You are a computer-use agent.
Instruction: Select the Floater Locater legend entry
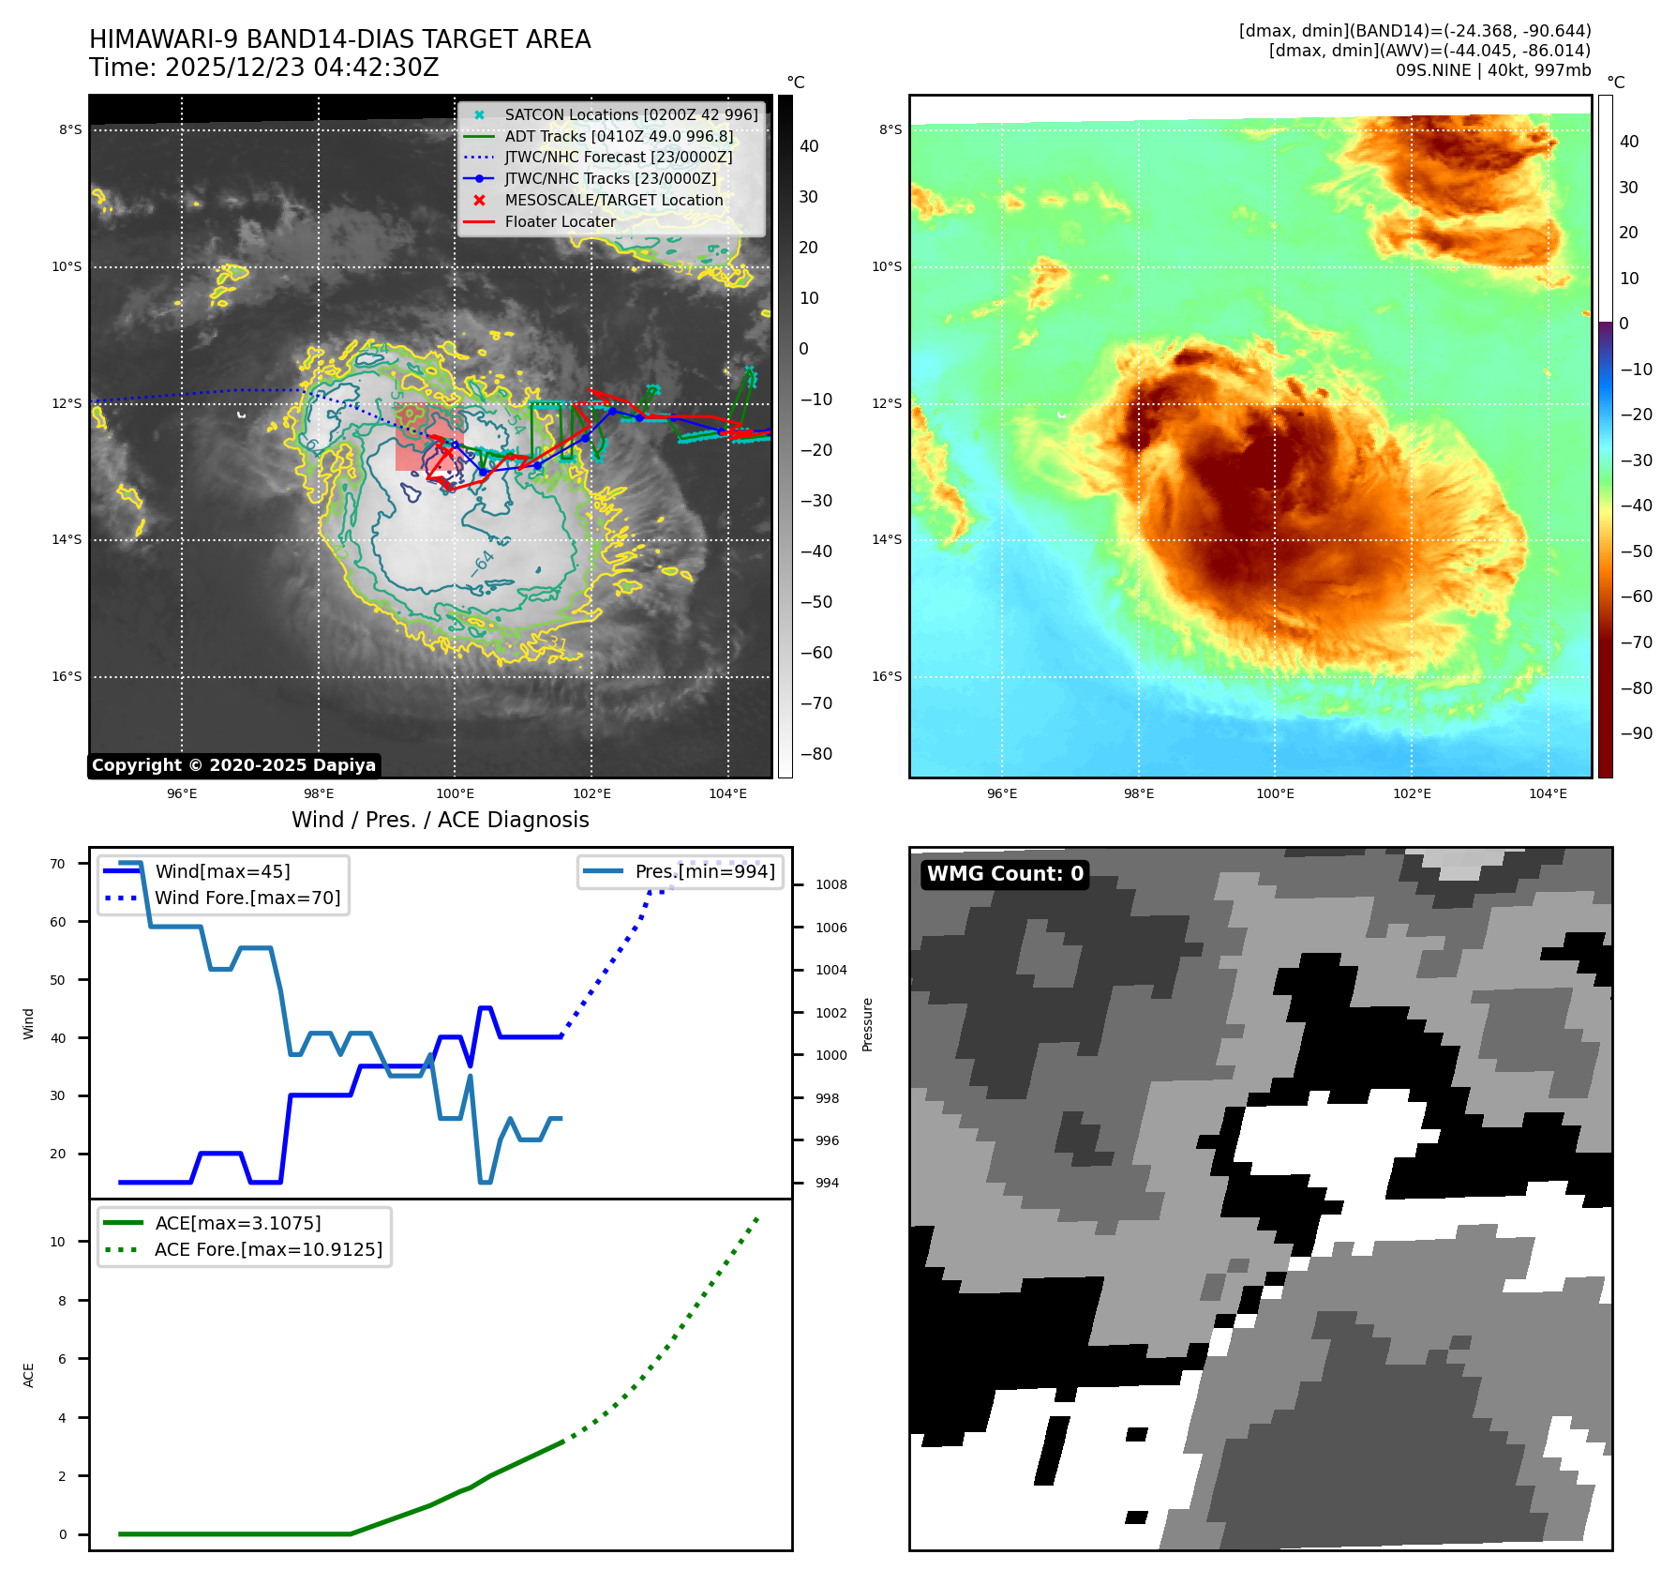[560, 221]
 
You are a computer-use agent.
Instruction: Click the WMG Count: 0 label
[1005, 874]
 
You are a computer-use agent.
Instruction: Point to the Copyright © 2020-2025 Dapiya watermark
[233, 765]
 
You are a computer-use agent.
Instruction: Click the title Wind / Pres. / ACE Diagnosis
[440, 820]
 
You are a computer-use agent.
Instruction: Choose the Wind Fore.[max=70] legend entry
[247, 898]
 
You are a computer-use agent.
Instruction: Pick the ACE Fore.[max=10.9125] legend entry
[268, 1249]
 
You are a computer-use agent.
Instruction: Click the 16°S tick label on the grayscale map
[67, 676]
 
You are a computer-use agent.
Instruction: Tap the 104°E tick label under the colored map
[1548, 793]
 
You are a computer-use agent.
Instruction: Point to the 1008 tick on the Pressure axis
[831, 884]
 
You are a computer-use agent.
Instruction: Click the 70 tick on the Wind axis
[58, 864]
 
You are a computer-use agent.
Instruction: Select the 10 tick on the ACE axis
[58, 1242]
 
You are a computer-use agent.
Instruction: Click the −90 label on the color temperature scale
[1637, 733]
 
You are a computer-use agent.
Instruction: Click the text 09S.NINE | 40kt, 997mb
[1492, 70]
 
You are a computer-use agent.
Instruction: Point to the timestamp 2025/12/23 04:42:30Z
[302, 68]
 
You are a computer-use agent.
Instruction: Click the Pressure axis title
[868, 1024]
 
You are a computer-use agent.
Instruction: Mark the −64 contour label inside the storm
[483, 564]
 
